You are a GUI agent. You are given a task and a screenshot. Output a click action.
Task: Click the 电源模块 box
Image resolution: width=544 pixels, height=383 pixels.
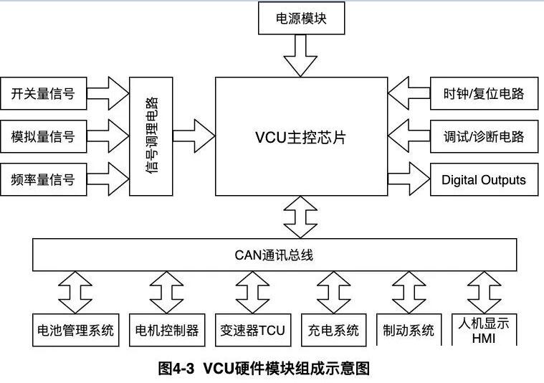(301, 19)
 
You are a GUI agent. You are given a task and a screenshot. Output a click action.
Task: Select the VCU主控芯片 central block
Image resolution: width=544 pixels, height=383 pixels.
(300, 137)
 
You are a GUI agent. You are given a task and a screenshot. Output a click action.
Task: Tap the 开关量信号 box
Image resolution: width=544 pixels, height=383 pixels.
(43, 93)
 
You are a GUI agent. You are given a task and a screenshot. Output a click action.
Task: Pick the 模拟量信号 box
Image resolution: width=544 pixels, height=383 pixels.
(43, 136)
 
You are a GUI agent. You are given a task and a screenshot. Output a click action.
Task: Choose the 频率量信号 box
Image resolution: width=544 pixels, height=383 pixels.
(43, 179)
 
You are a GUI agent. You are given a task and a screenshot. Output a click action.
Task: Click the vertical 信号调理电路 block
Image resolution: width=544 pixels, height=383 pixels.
(151, 136)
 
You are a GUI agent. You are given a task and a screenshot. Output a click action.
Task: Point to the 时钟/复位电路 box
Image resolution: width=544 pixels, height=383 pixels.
(484, 93)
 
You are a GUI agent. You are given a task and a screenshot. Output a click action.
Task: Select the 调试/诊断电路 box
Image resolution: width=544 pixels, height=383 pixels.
(484, 136)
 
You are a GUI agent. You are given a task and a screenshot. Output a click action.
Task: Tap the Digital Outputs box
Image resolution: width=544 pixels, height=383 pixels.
(484, 179)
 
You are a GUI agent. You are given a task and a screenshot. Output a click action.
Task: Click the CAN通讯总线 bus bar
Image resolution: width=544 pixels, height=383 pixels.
(275, 255)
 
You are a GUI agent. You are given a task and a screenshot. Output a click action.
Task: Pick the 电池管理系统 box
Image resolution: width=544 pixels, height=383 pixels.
(75, 330)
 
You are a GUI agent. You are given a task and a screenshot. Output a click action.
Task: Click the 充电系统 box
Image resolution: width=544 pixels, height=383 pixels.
(333, 330)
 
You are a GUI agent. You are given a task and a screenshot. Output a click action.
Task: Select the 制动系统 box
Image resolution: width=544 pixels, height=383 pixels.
(409, 330)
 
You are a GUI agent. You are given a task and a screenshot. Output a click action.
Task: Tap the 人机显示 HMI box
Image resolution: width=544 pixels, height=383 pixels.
(484, 330)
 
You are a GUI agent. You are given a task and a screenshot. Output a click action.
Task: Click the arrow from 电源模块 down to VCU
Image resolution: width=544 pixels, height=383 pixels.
(301, 55)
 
